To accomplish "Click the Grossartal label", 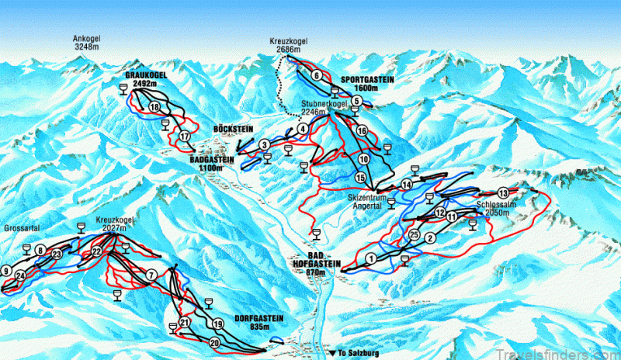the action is pos(21,230).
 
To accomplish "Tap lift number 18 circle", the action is pos(155,107).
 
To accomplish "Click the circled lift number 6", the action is pos(317,75).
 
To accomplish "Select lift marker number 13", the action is pos(504,192).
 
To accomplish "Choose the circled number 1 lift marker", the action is pos(371,258).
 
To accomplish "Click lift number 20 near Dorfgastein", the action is pos(214,342).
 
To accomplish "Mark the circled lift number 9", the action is pos(6,271).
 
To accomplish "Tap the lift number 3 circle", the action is pos(265,144).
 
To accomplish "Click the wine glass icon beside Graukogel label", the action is pos(125,91).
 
